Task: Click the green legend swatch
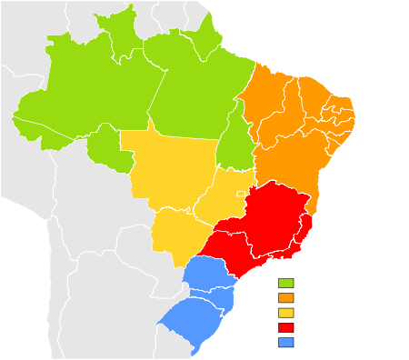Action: click(286, 284)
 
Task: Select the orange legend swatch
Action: click(286, 298)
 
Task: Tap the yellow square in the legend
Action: click(286, 313)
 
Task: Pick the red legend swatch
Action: click(286, 327)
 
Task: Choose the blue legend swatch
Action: click(286, 342)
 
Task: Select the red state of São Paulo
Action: click(232, 245)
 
